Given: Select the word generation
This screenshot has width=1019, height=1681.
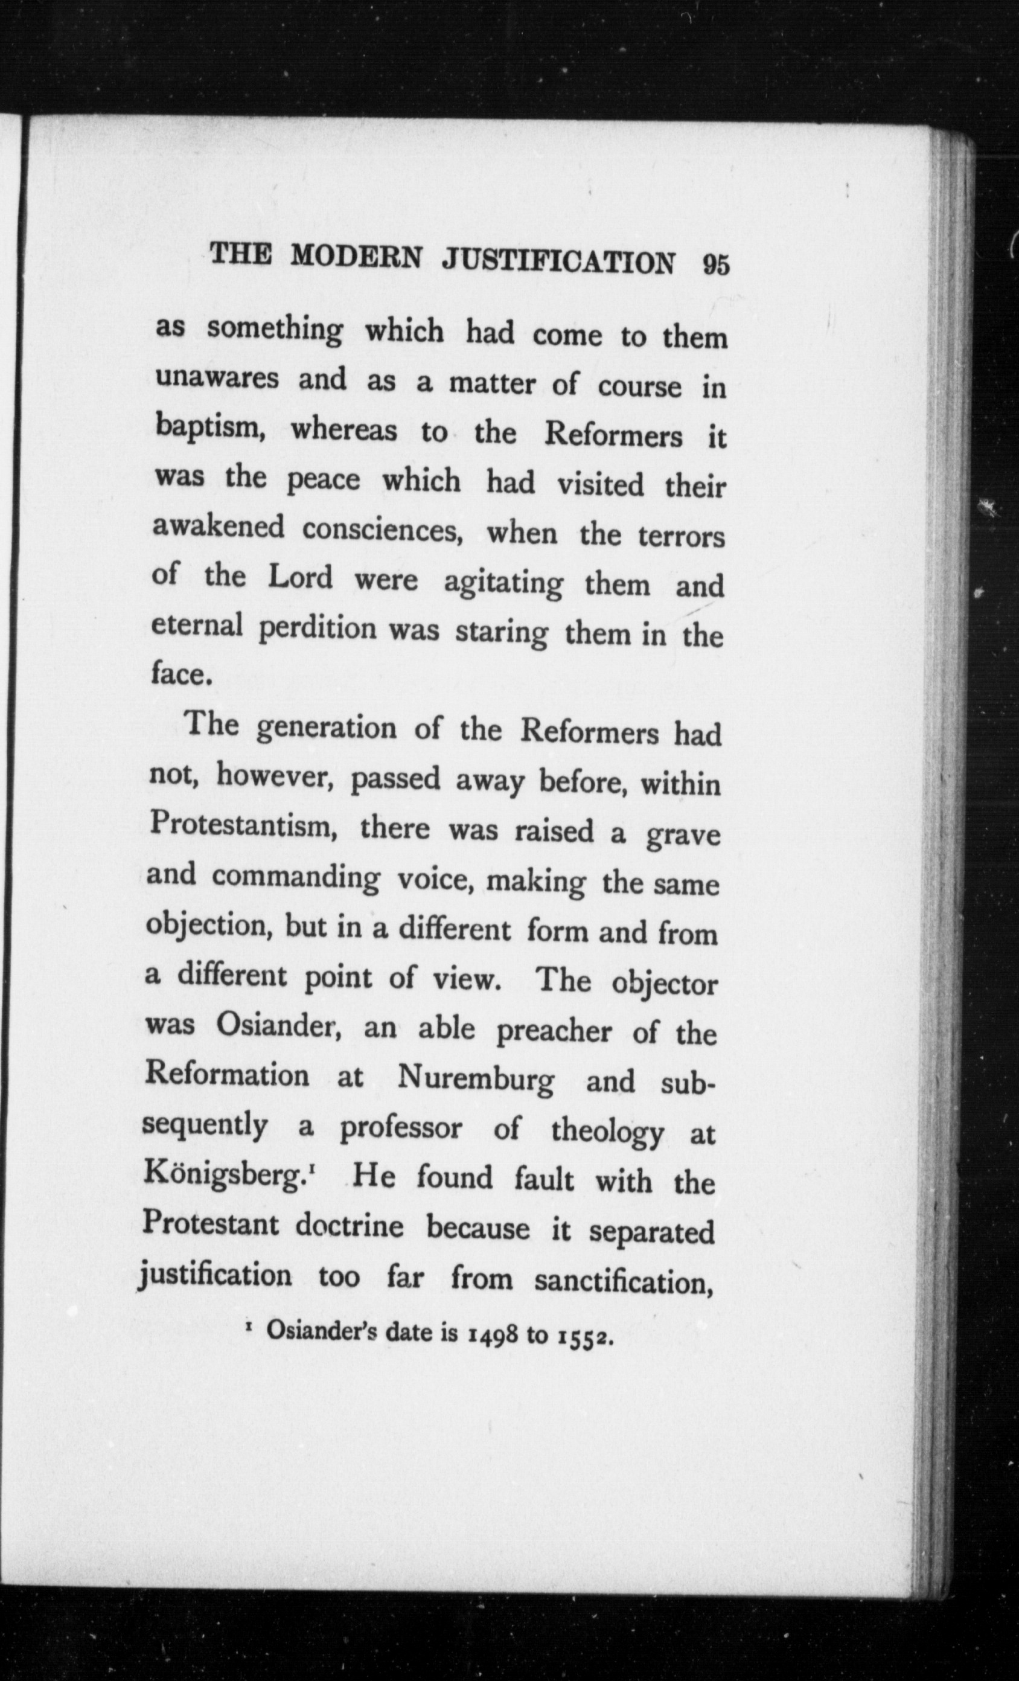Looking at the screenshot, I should click(x=327, y=729).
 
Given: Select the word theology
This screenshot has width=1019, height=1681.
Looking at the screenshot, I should click(x=606, y=1133).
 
